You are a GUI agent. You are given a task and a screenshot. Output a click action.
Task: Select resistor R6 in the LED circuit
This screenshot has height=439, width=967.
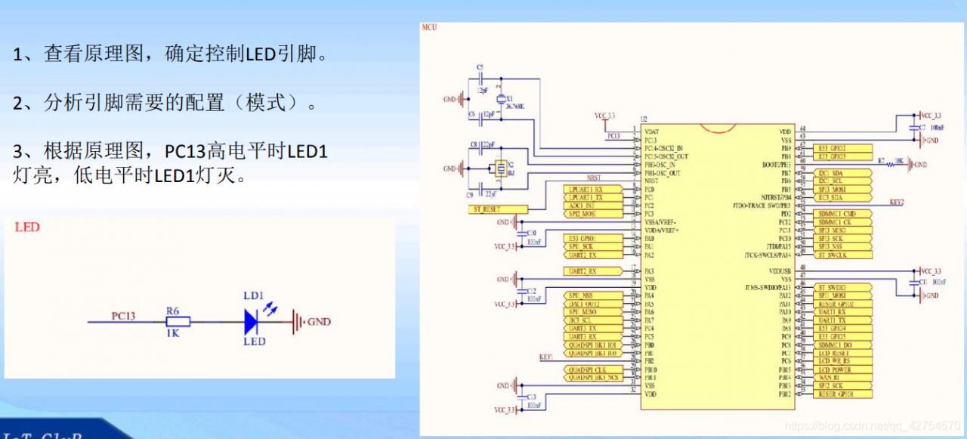[178, 323]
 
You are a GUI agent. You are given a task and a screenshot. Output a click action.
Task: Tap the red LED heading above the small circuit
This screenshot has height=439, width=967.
[27, 227]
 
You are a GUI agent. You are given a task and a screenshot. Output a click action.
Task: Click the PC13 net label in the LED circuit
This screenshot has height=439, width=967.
[123, 316]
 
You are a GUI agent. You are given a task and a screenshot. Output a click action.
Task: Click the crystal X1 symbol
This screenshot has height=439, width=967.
[499, 100]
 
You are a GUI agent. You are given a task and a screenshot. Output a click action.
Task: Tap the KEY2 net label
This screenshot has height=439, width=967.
[897, 202]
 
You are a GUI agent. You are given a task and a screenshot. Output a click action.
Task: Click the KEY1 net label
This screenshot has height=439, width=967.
[546, 357]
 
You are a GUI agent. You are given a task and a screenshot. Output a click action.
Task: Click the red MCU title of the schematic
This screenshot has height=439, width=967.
[429, 27]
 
